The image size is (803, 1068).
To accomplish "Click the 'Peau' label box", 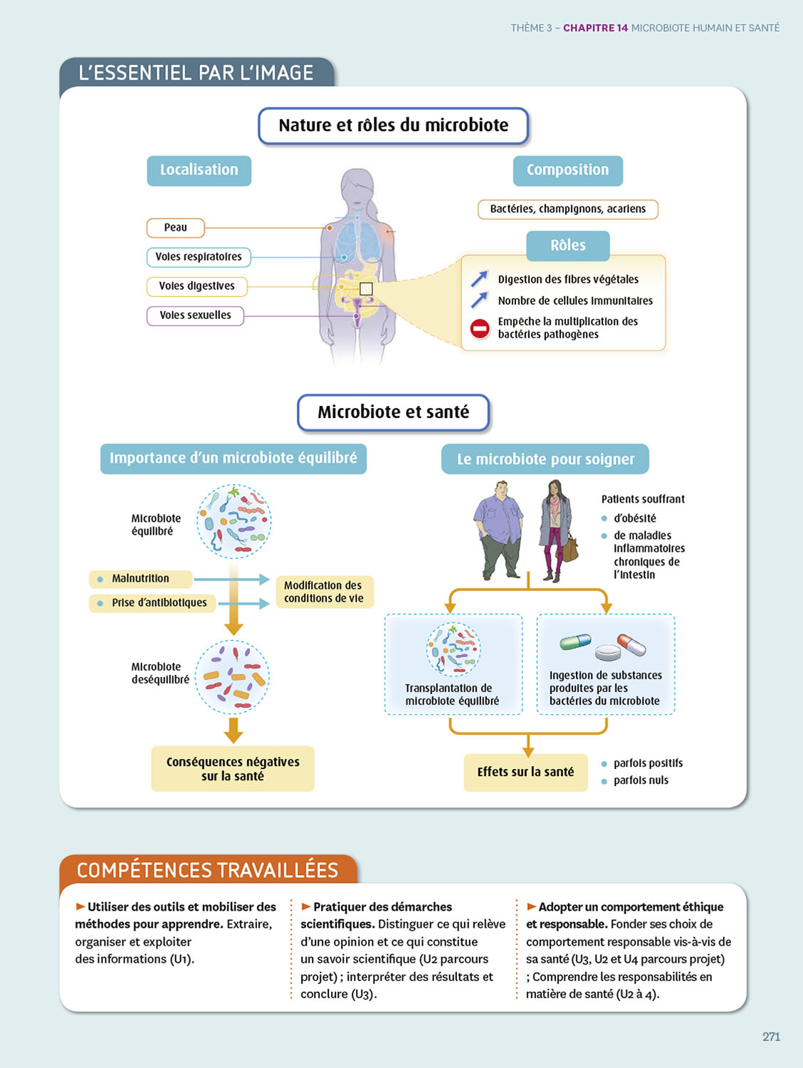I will pos(175,228).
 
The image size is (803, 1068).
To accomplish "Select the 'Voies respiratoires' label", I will pos(199,257).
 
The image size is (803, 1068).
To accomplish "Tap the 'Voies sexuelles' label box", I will pos(195,315).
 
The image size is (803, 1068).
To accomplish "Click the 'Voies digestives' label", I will pos(197,286).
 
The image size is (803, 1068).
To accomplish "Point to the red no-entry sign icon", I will pos(480,328).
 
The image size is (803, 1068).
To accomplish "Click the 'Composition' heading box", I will pos(567,170).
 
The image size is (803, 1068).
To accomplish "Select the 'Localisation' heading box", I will pos(199,170).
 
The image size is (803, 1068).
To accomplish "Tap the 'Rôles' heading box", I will pos(567,246).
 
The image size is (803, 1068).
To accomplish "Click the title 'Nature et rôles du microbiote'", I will pos(393,126).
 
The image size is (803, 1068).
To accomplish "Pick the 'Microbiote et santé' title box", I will pos(393,412).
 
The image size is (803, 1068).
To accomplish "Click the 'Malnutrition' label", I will pos(140,579).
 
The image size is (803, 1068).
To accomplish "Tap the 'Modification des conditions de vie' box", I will pos(324,592).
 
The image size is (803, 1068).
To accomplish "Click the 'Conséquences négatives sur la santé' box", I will pos(233,769).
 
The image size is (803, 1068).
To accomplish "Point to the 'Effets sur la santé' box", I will pos(525,772).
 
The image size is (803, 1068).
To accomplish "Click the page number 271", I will pos(771,1037).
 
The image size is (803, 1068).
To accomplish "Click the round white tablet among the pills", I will pos(607,652).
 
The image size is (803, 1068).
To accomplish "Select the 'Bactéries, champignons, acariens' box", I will pos(567,209).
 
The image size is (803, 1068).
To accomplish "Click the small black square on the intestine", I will pos(366,289).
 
